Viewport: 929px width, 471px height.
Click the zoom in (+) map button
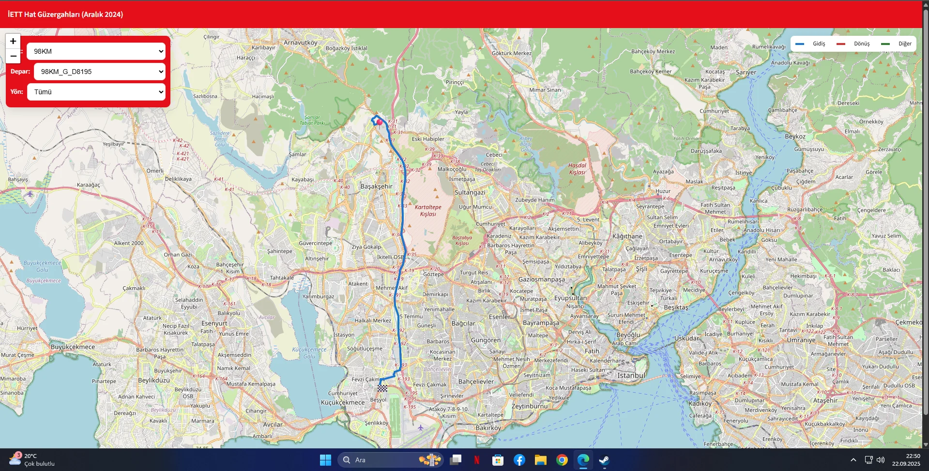coord(13,42)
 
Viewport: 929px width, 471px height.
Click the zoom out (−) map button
coord(13,56)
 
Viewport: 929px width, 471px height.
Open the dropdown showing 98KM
coord(96,51)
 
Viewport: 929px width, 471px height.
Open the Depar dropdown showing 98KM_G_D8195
coord(100,72)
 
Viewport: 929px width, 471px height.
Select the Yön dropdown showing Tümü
coord(96,92)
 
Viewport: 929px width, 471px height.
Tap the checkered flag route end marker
coord(382,388)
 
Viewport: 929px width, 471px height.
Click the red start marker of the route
coord(380,122)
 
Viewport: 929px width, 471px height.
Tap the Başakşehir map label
coord(376,186)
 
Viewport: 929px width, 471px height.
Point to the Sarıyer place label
coord(746,72)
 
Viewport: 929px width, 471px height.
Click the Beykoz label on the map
coord(795,136)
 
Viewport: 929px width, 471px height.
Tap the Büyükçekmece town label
coord(73,347)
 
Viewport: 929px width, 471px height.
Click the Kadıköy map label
coord(700,403)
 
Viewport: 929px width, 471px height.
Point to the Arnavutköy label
coord(300,43)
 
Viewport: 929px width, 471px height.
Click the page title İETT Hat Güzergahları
coord(65,15)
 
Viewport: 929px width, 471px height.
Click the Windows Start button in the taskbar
coord(325,460)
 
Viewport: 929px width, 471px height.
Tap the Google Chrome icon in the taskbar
coord(562,460)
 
